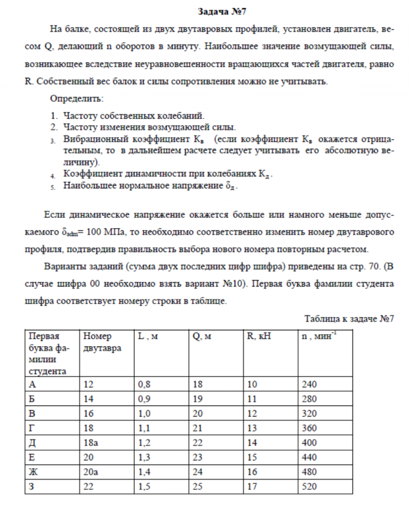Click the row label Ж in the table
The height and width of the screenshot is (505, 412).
33,472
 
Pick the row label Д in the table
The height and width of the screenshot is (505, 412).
33,443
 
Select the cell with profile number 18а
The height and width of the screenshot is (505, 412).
91,443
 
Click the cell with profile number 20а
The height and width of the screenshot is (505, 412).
91,472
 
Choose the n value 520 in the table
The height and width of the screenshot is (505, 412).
309,487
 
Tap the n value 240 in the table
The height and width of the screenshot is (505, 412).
309,385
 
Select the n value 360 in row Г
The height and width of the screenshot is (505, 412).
309,429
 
